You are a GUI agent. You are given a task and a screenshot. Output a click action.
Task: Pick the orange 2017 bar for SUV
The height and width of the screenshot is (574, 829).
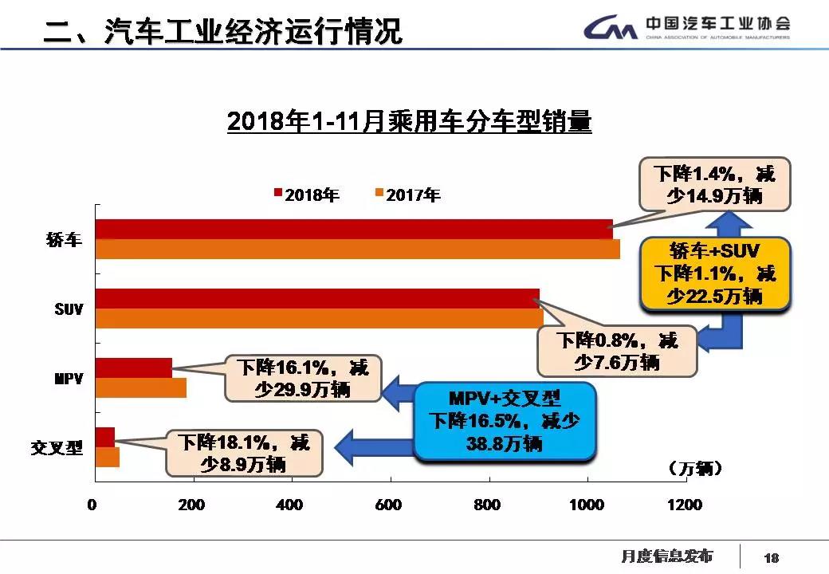point(319,318)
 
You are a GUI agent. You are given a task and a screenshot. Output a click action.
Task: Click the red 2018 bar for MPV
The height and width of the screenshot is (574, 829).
point(133,368)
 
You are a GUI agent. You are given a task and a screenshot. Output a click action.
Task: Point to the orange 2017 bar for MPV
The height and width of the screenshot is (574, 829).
point(140,387)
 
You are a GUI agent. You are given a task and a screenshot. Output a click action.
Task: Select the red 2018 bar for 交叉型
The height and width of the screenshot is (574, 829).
point(104,437)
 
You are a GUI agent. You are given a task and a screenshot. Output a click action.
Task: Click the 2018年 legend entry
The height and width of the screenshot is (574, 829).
point(306,194)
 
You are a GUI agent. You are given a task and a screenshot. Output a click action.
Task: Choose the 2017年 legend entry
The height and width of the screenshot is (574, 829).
point(407,194)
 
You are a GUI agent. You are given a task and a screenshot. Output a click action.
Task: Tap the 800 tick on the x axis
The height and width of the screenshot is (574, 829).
point(487,505)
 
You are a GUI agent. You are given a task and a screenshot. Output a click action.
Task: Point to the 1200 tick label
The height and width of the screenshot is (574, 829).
point(684,505)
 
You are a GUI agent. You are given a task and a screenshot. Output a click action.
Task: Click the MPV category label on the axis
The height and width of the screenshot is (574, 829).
point(66,378)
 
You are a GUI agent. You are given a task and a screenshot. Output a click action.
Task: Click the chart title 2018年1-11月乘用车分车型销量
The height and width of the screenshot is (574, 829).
point(409,123)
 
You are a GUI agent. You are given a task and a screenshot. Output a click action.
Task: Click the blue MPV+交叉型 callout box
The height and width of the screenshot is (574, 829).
point(505,421)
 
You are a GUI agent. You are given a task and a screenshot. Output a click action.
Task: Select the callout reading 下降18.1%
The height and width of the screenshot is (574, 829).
point(243,451)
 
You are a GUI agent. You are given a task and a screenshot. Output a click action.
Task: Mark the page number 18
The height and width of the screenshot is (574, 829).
point(771,557)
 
